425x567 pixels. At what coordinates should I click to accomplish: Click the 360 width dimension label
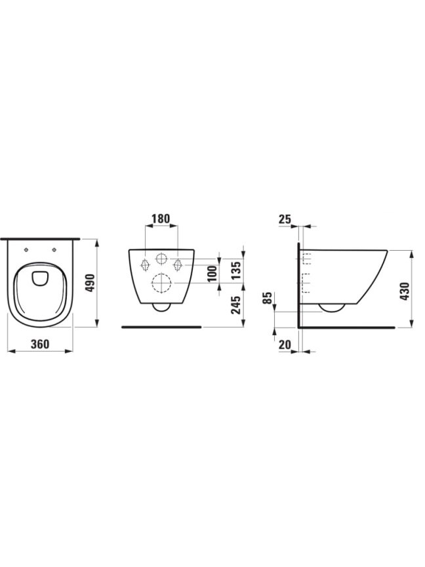[40, 344]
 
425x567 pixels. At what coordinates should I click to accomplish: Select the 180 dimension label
[160, 219]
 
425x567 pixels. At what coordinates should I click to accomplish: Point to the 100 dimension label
[212, 274]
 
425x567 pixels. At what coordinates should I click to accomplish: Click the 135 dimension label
[235, 270]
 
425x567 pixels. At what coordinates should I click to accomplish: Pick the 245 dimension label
[235, 305]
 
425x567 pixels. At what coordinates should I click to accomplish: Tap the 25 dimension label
[285, 219]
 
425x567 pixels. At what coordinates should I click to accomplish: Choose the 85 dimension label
[267, 299]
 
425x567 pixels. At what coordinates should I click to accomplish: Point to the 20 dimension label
[285, 345]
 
